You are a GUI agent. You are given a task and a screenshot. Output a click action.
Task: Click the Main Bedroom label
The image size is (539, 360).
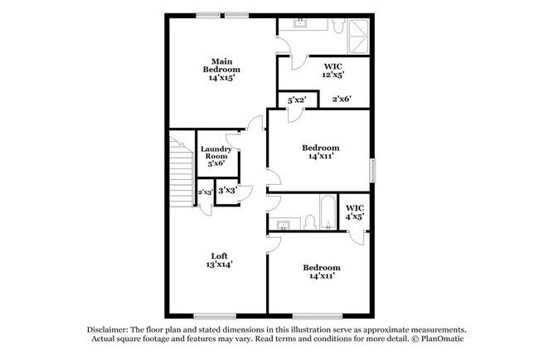tap(221, 66)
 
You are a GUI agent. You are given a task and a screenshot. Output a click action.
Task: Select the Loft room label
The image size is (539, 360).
tap(219, 255)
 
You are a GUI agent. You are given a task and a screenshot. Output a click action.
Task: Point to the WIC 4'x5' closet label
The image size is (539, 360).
tap(354, 212)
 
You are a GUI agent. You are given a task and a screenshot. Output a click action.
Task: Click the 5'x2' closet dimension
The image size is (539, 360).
tap(297, 100)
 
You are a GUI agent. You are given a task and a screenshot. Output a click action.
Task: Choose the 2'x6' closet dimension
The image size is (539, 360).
tap(342, 100)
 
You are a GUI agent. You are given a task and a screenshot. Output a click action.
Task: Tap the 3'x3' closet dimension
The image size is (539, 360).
tap(226, 191)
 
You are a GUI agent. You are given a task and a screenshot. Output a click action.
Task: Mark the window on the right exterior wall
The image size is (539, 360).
tap(371, 170)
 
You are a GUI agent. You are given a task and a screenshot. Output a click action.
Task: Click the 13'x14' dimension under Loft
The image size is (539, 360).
tap(219, 265)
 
